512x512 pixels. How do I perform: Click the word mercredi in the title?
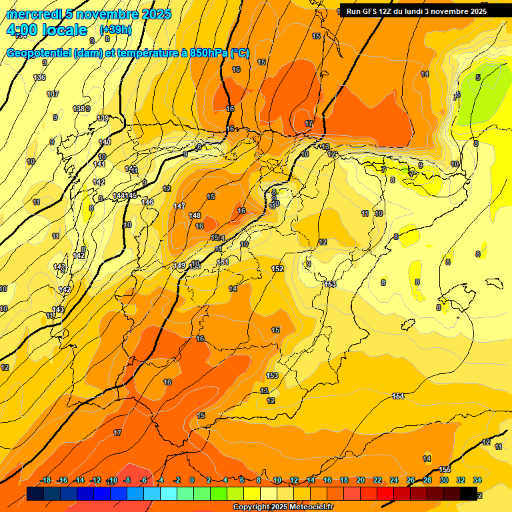click(33, 14)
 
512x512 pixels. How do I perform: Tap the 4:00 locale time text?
click(46, 30)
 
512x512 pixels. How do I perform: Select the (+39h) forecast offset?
click(115, 30)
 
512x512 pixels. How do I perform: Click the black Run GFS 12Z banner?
click(417, 11)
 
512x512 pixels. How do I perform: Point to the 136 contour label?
click(39, 77)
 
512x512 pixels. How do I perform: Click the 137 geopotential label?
click(53, 94)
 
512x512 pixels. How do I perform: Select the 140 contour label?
click(105, 142)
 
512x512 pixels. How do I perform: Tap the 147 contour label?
click(179, 206)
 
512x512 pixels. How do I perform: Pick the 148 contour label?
click(195, 215)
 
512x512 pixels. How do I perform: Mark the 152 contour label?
click(277, 269)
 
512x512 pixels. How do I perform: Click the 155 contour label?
click(445, 469)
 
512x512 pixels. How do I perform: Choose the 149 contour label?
click(179, 265)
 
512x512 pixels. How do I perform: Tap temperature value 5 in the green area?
click(478, 78)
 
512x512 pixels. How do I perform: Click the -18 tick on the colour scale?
click(46, 480)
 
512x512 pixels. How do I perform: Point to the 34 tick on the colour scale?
click(477, 480)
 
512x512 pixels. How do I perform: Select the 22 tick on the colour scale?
click(377, 480)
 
